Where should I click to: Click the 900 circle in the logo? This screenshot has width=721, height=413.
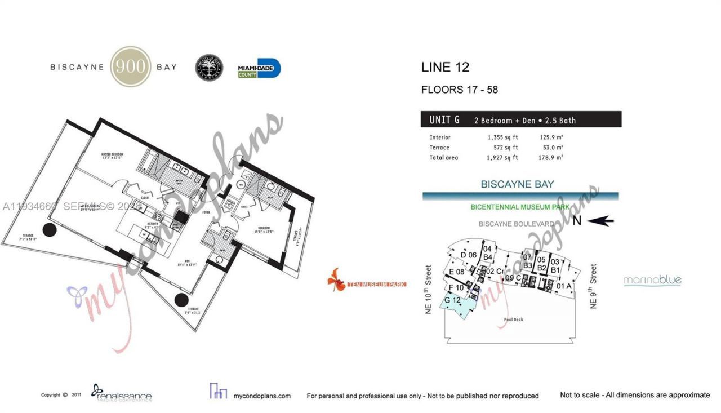131,66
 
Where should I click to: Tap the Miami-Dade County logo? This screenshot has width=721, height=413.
259,68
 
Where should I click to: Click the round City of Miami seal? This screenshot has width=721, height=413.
209,68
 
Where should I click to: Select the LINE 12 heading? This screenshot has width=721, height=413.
445,68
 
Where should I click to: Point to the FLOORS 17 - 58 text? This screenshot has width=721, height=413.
459,90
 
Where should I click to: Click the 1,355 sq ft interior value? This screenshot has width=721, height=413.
502,137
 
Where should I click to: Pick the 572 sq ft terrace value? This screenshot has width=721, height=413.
505,148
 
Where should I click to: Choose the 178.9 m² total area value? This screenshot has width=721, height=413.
551,158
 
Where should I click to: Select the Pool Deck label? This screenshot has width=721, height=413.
514,319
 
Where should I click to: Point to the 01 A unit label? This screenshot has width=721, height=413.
564,286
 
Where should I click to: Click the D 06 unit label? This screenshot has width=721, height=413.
469,255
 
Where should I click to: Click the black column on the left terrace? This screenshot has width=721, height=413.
49,230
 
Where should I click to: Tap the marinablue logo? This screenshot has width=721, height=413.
652,281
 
